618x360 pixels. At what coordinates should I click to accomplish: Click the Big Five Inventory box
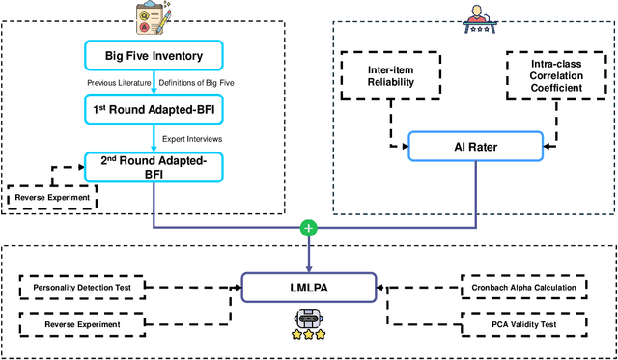pos(154,55)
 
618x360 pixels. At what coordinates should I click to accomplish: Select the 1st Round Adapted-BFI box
pos(154,111)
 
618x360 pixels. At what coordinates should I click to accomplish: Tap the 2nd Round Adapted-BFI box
pos(154,167)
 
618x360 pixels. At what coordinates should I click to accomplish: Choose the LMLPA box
pos(308,287)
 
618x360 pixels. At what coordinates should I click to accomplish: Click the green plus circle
pos(308,229)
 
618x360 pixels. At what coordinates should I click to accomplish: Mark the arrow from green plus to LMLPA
pos(308,254)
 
